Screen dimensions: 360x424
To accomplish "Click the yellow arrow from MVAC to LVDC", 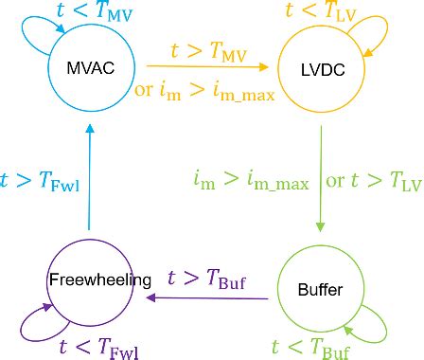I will click(208, 67).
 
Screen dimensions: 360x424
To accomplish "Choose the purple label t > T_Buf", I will click(206, 278).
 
